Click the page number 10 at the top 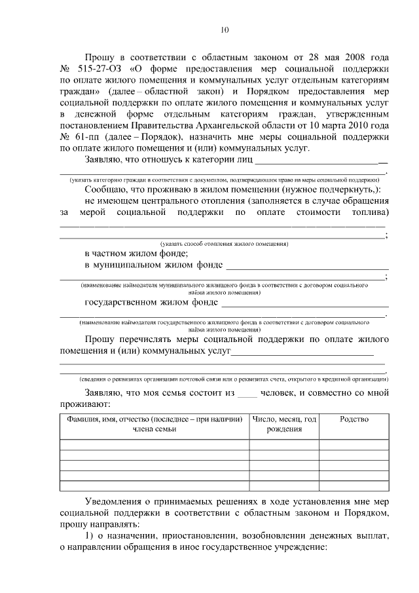(x=224, y=29)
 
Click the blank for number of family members (x=247, y=394)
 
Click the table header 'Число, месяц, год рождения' (x=284, y=424)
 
